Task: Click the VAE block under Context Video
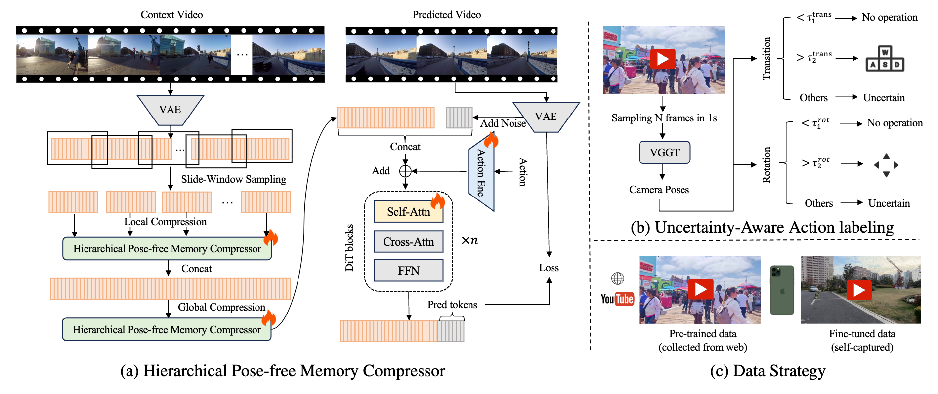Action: coord(170,110)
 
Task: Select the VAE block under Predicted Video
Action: coord(546,117)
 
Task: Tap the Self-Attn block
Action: coord(408,212)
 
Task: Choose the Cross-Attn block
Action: coord(408,242)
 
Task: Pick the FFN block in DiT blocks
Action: coord(408,271)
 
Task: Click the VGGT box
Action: coord(664,153)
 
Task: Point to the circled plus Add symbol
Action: coord(405,171)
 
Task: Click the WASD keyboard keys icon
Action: coord(885,59)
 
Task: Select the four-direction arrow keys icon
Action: coord(886,165)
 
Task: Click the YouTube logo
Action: coord(617,299)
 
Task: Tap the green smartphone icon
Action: coord(782,290)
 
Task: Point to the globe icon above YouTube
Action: coord(618,278)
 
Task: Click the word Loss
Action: coord(549,268)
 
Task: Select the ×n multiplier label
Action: coord(469,241)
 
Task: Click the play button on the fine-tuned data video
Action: coord(859,290)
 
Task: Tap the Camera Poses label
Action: coord(659,190)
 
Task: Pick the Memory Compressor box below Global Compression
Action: coord(167,330)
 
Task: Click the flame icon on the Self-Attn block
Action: coord(438,201)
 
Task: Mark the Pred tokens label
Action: coord(452,305)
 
